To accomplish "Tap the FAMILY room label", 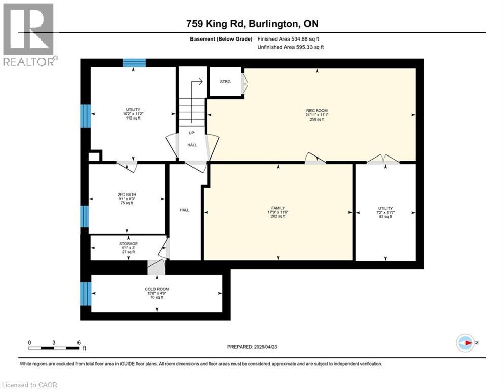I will pyautogui.click(x=278, y=208).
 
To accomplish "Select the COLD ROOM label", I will pyautogui.click(x=156, y=289).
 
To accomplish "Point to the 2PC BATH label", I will pyautogui.click(x=127, y=194).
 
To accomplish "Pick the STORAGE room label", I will pyautogui.click(x=128, y=244).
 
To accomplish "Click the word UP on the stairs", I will pyautogui.click(x=191, y=133).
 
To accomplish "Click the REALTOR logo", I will pyautogui.click(x=29, y=34).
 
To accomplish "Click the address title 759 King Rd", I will pyautogui.click(x=252, y=23).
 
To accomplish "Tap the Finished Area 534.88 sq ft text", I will pyautogui.click(x=288, y=38).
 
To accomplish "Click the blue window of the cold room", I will pyautogui.click(x=85, y=293).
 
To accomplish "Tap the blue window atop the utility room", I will pyautogui.click(x=134, y=63).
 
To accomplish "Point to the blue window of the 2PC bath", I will pyautogui.click(x=85, y=216).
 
